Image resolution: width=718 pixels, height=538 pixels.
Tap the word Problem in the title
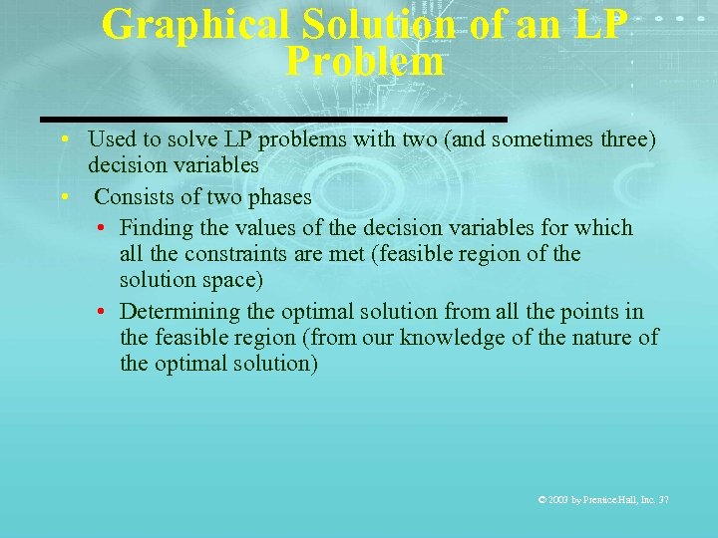(364, 62)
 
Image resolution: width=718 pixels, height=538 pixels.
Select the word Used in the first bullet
(111, 138)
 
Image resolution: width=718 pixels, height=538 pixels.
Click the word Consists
(133, 196)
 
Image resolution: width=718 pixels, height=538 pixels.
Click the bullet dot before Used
(64, 138)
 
